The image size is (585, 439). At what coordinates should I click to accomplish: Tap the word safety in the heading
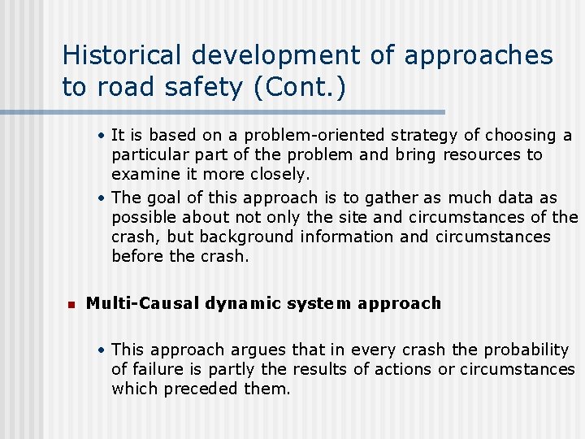201,86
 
